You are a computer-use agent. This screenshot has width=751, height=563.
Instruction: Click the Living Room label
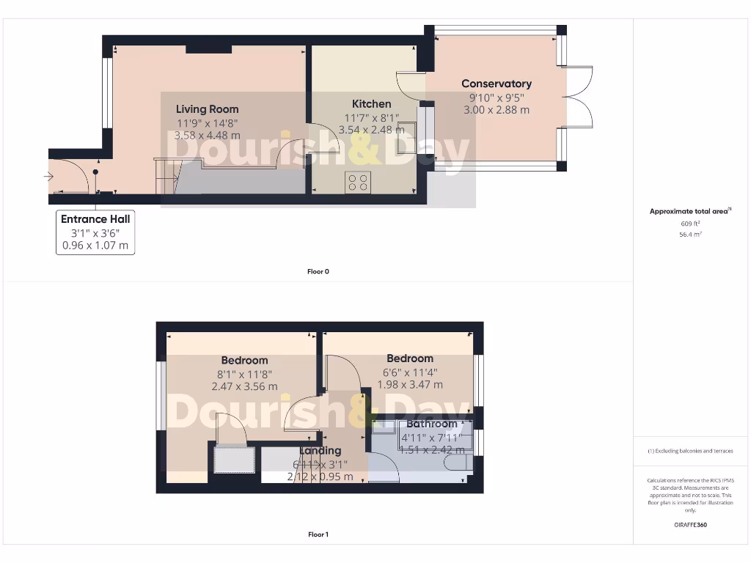pyautogui.click(x=207, y=109)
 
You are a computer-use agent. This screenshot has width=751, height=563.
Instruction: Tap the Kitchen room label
pyautogui.click(x=371, y=104)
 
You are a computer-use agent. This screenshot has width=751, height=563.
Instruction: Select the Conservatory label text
pyautogui.click(x=497, y=84)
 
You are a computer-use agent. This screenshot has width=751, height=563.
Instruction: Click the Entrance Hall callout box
pyautogui.click(x=95, y=232)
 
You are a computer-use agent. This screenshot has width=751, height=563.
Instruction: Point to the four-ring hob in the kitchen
pyautogui.click(x=358, y=182)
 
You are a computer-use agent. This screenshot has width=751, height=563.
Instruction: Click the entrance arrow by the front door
pyautogui.click(x=49, y=177)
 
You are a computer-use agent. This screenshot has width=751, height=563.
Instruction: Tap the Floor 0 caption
pyautogui.click(x=318, y=271)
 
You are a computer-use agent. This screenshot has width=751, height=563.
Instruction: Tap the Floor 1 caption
pyautogui.click(x=318, y=534)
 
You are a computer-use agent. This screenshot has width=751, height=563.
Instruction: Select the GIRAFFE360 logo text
pyautogui.click(x=690, y=525)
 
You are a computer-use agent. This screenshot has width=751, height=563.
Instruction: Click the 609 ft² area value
pyautogui.click(x=690, y=224)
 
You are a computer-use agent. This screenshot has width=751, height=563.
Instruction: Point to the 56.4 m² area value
pyautogui.click(x=690, y=235)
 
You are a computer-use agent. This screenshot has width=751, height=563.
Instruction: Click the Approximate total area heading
pyautogui.click(x=689, y=211)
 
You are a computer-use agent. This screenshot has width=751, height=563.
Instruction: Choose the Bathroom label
pyautogui.click(x=431, y=424)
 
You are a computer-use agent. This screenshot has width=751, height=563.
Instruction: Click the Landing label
pyautogui.click(x=320, y=451)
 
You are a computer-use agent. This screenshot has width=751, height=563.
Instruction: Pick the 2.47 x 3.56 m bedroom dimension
pyautogui.click(x=244, y=386)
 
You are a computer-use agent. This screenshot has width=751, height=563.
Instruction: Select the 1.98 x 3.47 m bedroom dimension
pyautogui.click(x=410, y=384)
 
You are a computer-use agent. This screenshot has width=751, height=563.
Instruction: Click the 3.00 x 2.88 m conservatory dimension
pyautogui.click(x=497, y=110)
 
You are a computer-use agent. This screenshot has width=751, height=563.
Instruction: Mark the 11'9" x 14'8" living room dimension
pyautogui.click(x=207, y=123)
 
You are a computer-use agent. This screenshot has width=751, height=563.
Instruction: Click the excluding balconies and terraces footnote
pyautogui.click(x=690, y=451)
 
